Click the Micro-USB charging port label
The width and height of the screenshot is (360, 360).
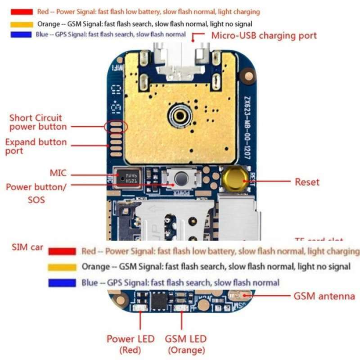(x=264, y=35)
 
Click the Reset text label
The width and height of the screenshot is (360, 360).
(x=307, y=182)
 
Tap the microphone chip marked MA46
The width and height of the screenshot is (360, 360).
(x=128, y=177)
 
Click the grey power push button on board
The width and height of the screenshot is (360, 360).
(x=181, y=178)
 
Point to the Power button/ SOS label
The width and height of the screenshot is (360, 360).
(x=36, y=193)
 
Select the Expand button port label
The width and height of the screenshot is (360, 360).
(x=36, y=146)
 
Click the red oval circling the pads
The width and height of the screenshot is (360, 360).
(x=116, y=126)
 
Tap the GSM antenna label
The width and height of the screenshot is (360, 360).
(x=324, y=296)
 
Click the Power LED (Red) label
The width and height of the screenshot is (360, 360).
(x=130, y=344)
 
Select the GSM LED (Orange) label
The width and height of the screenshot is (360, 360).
(x=186, y=344)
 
